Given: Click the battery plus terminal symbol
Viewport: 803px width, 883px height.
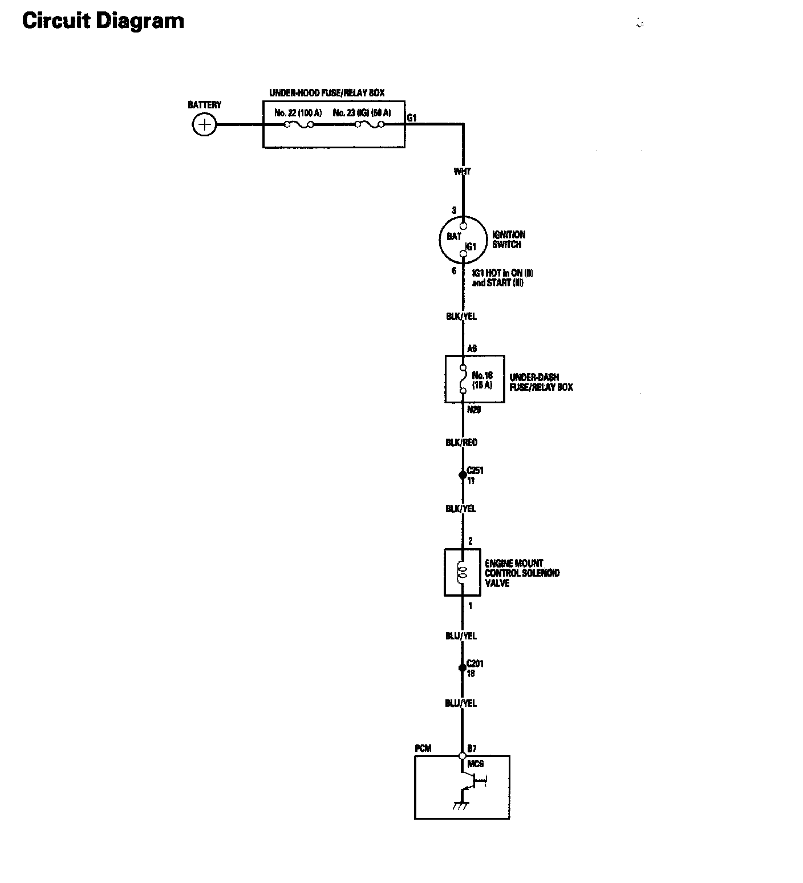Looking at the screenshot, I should pyautogui.click(x=204, y=125).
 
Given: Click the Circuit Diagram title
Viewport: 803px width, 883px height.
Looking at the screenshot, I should pyautogui.click(x=103, y=21).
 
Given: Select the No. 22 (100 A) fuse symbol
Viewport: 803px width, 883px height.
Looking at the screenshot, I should pyautogui.click(x=299, y=124).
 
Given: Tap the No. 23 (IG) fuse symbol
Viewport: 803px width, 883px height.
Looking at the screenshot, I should pyautogui.click(x=370, y=124).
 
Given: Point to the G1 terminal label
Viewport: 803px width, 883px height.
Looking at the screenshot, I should pyautogui.click(x=412, y=118).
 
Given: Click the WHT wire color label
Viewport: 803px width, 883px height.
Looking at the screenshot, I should pyautogui.click(x=462, y=171).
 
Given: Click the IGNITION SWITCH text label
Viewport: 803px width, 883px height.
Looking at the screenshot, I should pyautogui.click(x=509, y=240).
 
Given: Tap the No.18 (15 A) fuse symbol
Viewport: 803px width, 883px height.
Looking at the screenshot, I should pyautogui.click(x=463, y=379).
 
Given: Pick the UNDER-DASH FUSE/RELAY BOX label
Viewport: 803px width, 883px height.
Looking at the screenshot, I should pyautogui.click(x=541, y=382).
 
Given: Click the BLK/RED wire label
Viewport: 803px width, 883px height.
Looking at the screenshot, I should pyautogui.click(x=461, y=443).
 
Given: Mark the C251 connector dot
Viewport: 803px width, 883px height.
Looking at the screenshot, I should pyautogui.click(x=463, y=475).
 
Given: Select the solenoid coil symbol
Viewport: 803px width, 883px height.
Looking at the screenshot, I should pyautogui.click(x=463, y=572).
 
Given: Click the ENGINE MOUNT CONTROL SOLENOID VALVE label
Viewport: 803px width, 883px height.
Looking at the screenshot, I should pyautogui.click(x=522, y=573).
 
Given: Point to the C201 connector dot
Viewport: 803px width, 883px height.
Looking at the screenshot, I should pyautogui.click(x=463, y=667).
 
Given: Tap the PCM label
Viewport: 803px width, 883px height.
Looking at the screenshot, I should pyautogui.click(x=423, y=748).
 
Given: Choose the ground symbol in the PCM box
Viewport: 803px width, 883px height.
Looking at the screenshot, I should pyautogui.click(x=460, y=805).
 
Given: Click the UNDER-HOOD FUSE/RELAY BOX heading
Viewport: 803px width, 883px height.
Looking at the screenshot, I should pyautogui.click(x=327, y=92).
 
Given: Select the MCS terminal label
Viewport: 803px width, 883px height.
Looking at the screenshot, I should pyautogui.click(x=476, y=763).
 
